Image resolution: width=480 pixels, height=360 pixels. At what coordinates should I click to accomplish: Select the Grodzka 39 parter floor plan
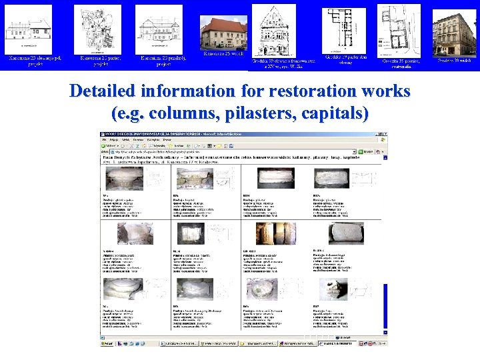[344, 29]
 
